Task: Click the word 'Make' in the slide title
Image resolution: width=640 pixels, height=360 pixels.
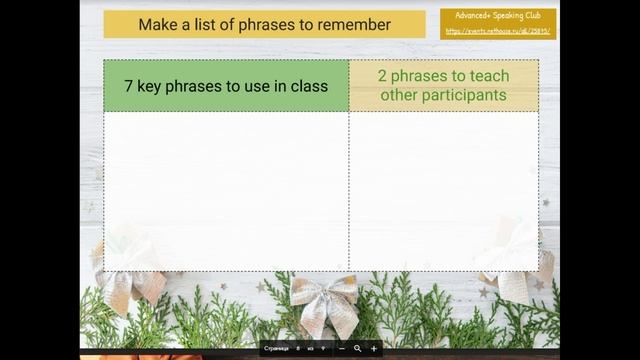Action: click(159, 24)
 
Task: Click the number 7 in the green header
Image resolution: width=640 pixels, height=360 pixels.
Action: click(129, 86)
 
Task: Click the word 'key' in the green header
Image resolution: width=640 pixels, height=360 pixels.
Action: click(153, 86)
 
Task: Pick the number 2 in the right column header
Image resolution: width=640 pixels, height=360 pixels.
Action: click(383, 76)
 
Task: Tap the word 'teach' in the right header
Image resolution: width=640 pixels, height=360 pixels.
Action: click(490, 76)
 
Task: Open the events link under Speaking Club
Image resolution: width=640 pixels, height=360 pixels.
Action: click(498, 31)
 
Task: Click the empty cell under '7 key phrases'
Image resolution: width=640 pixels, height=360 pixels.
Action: click(226, 190)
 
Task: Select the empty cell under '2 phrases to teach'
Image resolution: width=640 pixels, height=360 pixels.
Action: click(443, 190)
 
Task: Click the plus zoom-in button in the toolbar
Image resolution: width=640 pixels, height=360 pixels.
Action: click(374, 348)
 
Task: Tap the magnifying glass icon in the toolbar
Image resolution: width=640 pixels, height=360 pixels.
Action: click(358, 348)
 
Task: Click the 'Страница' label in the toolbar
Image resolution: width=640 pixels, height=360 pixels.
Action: click(275, 348)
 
